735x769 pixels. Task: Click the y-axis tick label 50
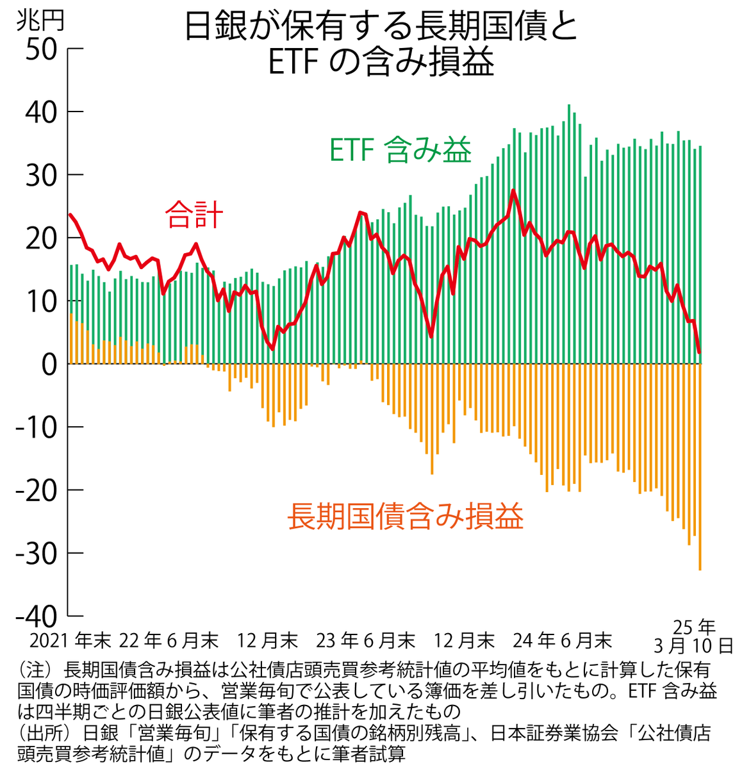coord(41,49)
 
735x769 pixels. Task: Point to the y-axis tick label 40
coord(41,112)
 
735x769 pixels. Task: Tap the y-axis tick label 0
coord(50,365)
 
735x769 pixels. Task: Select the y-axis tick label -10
coord(37,427)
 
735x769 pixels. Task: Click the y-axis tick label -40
coord(37,616)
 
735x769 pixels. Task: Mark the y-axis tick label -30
coord(37,554)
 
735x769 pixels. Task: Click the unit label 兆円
coord(40,21)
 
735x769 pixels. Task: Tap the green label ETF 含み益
coord(401,151)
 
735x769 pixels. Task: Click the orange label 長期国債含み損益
coord(406,517)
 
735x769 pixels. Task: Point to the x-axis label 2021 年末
coord(70,640)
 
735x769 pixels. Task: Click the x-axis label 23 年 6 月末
coord(366,640)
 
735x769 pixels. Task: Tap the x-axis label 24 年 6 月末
coord(563,640)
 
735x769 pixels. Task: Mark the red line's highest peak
coord(513,190)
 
